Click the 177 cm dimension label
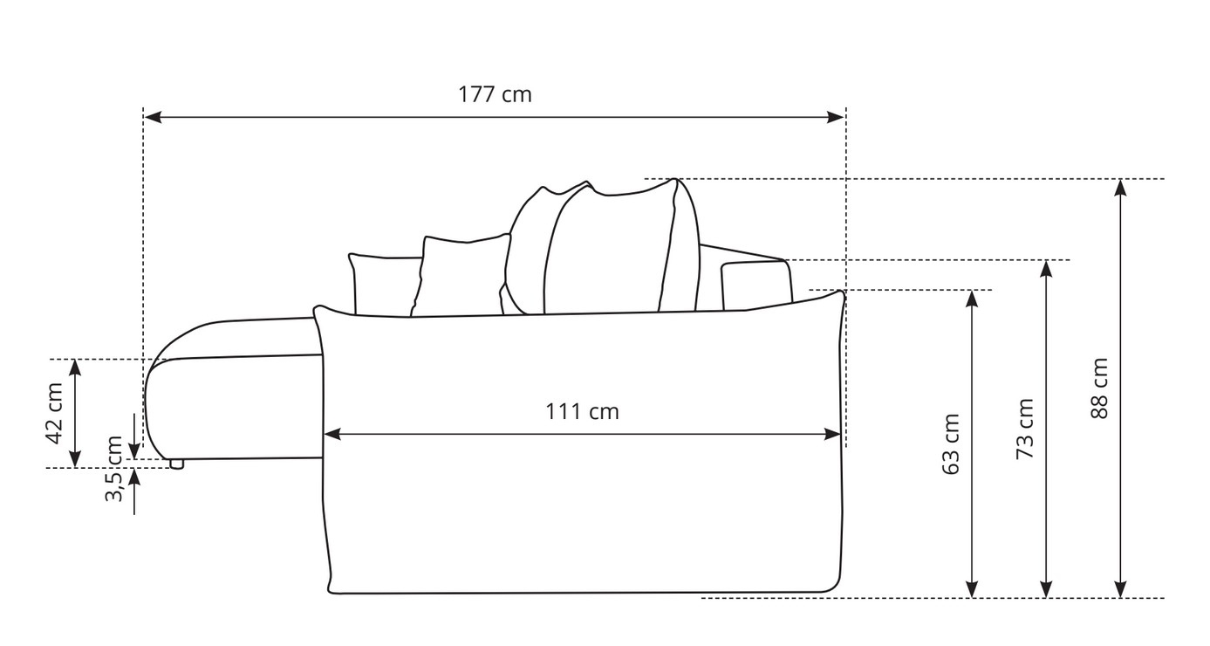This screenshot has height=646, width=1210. (495, 94)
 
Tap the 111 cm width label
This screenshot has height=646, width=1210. (582, 412)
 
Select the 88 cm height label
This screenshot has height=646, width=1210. (1100, 388)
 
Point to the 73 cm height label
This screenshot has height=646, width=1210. (1025, 430)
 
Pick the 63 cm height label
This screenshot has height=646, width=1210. (951, 444)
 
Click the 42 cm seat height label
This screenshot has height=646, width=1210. (55, 414)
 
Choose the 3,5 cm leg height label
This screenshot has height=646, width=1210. (114, 469)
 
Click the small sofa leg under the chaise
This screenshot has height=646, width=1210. (176, 464)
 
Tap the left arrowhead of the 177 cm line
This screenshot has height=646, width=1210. (154, 117)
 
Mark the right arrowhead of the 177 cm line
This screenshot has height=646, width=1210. (835, 117)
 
